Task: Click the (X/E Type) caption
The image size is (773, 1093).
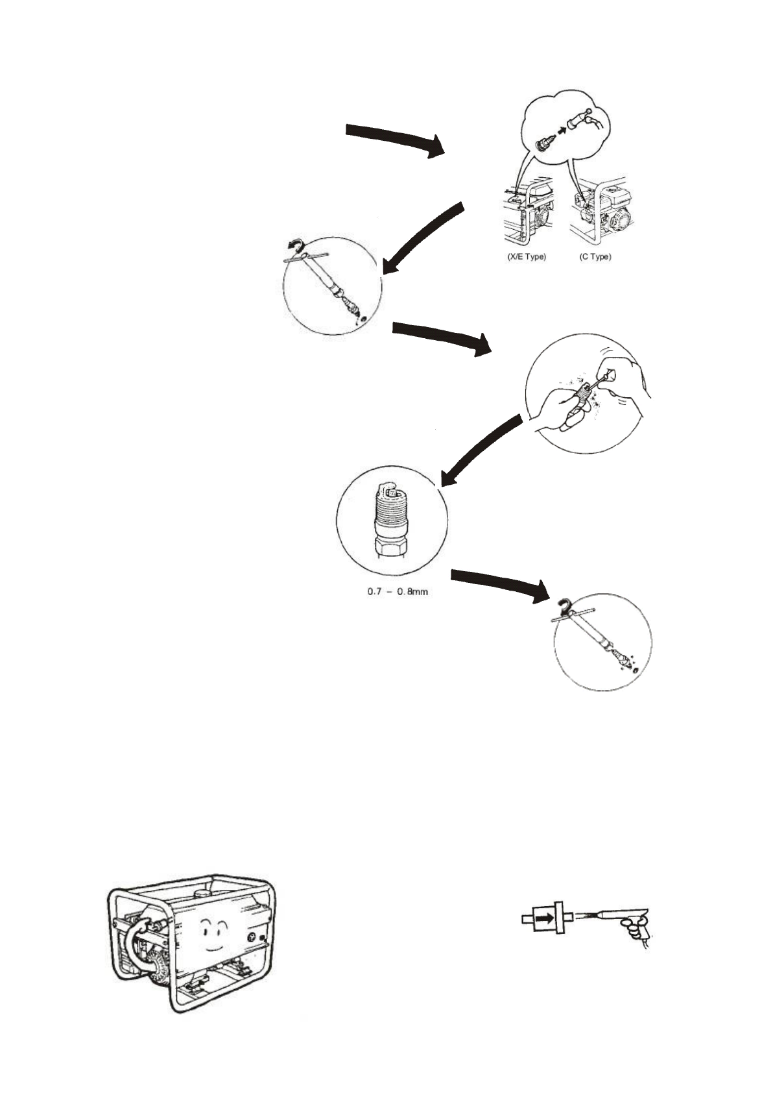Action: tap(526, 257)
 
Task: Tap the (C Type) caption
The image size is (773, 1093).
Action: tap(595, 257)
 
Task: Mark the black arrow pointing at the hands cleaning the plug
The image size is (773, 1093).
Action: tap(441, 338)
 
